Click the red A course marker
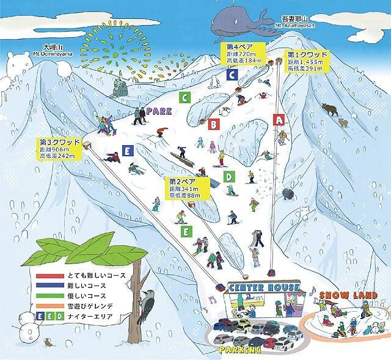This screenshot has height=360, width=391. coord(280,120)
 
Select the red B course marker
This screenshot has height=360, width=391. coord(214,124)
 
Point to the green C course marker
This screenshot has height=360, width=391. coord(183,97)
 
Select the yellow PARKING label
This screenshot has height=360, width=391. coord(240,350)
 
